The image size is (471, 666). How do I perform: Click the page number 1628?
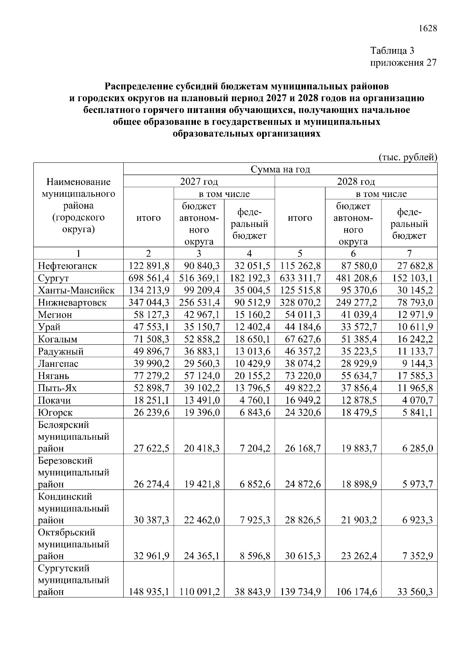pos(427,29)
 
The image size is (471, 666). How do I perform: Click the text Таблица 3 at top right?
pos(392,51)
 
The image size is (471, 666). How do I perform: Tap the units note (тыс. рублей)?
pos(408,157)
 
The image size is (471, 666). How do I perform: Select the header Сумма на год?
pos(280,169)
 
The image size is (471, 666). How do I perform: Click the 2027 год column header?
pos(199,182)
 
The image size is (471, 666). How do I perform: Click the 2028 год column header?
pos(356,182)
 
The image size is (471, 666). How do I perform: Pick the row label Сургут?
pos(53,278)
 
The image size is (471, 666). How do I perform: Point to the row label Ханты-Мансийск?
pos(76,291)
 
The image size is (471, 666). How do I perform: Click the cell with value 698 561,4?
pos(149,278)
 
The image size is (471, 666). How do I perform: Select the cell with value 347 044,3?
pos(149,303)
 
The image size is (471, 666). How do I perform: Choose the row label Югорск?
pos(55,413)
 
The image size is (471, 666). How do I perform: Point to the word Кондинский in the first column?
pos(65,497)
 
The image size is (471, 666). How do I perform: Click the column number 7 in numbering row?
pos(409,254)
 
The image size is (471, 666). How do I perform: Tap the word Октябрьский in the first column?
pos(67,533)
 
